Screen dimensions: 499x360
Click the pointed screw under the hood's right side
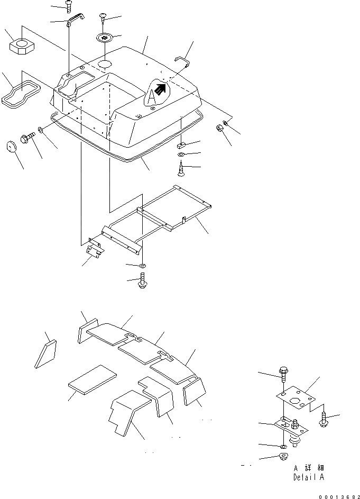[x=181, y=169]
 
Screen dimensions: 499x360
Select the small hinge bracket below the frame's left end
[x=95, y=249]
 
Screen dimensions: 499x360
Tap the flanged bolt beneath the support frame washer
[x=143, y=280]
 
